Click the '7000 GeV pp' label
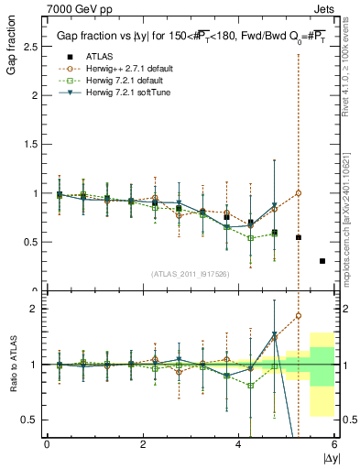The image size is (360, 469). (x=49, y=7)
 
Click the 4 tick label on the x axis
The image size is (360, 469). (x=239, y=444)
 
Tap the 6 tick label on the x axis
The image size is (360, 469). (x=334, y=444)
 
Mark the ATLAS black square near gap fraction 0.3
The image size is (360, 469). (x=322, y=261)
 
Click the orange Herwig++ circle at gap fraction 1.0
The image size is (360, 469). (x=298, y=193)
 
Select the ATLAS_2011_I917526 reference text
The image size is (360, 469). (x=189, y=275)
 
